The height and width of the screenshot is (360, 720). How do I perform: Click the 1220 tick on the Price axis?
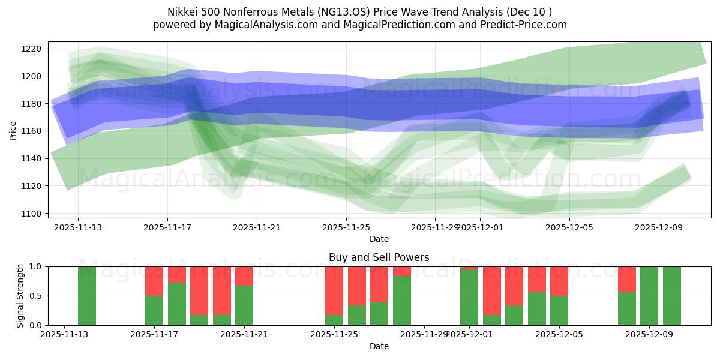tap(34, 49)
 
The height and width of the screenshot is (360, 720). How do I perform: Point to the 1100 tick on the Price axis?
tap(34, 214)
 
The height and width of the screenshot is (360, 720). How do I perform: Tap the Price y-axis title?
tap(13, 130)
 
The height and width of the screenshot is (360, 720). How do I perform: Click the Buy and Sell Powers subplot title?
tap(379, 257)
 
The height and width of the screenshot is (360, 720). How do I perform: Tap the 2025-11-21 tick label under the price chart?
tap(257, 228)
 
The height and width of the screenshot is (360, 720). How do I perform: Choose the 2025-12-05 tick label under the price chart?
tap(568, 228)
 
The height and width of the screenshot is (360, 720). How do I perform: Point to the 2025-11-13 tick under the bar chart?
tap(64, 335)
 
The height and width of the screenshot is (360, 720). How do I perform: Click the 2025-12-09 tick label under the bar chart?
tap(649, 335)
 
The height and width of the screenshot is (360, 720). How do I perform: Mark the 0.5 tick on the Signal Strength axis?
tap(34, 296)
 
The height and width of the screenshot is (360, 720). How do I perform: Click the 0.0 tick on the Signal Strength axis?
tap(34, 325)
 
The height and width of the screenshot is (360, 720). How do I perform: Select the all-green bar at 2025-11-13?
tap(87, 296)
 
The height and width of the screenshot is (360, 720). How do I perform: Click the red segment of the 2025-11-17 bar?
tap(154, 281)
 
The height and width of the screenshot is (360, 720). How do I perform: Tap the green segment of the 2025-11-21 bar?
tap(244, 305)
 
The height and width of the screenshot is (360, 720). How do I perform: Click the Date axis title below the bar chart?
tap(379, 346)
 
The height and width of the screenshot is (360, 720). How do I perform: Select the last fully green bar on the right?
tap(672, 296)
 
